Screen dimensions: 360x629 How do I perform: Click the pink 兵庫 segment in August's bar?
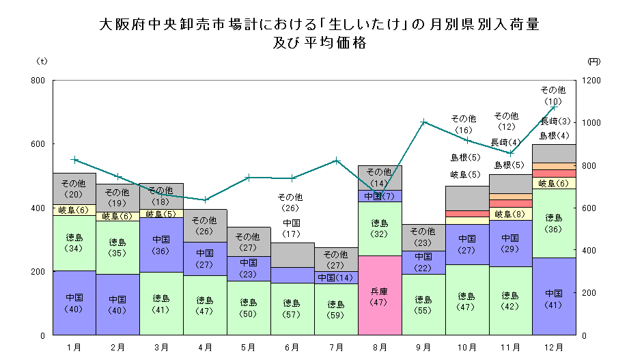click(379, 295)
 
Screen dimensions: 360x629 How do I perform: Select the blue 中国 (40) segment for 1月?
click(74, 303)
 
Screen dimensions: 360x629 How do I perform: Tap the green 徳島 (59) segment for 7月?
click(336, 309)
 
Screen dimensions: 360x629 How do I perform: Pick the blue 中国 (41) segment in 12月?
click(554, 296)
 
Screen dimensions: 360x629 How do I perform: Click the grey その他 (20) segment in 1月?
click(74, 188)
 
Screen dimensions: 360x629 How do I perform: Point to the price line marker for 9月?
click(423, 122)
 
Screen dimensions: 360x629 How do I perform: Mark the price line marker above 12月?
click(554, 107)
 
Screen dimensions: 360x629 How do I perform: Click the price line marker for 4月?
click(206, 200)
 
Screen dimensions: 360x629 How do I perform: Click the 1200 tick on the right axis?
click(592, 81)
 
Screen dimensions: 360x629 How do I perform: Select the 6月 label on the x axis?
click(292, 347)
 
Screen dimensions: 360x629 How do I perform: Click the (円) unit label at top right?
click(593, 61)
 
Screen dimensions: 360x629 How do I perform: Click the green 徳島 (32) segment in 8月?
click(379, 227)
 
